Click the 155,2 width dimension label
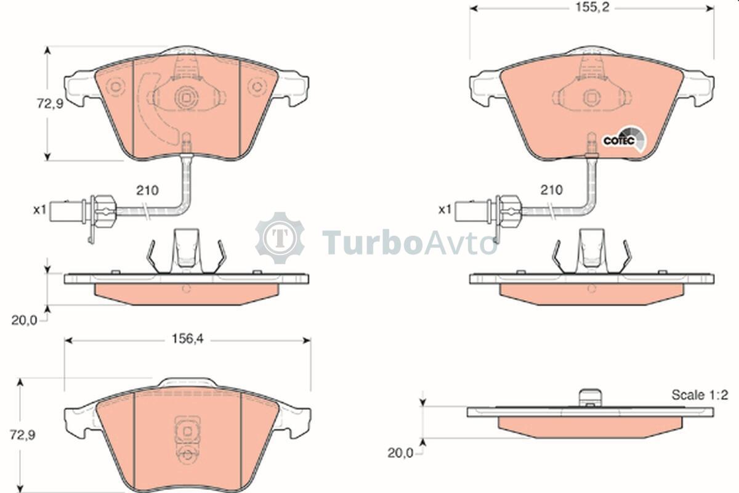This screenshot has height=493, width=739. point(592,7)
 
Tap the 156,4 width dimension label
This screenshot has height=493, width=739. point(188,339)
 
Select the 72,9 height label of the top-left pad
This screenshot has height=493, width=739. point(49,104)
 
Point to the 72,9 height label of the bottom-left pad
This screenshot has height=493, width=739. point(22,435)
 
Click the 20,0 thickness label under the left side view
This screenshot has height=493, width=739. point(25,320)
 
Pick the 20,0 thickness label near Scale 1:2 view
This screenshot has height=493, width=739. point(400,453)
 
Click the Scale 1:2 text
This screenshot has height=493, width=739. point(700,395)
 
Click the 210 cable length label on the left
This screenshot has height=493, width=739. point(147,190)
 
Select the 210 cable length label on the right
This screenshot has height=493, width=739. point(551,190)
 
